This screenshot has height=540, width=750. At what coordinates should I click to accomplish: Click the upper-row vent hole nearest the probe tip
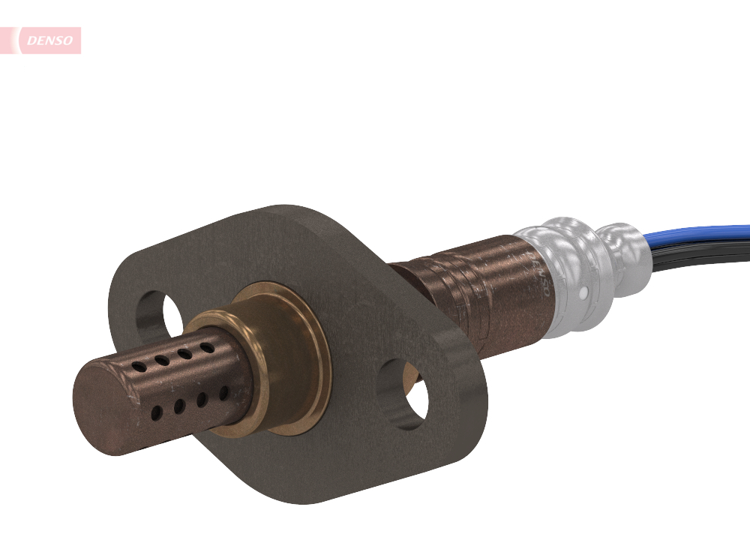coord(139,367)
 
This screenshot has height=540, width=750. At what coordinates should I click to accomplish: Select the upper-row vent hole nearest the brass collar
coord(205,348)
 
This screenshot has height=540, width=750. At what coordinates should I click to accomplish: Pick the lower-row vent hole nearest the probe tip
coord(156,412)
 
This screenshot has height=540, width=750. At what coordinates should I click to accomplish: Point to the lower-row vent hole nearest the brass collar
coord(223,393)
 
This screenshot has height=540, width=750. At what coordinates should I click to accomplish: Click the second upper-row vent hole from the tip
coord(161,361)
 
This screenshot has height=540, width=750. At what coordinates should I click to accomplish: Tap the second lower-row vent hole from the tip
coord(179,406)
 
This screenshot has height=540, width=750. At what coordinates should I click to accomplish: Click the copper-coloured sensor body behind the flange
coord(480,292)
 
